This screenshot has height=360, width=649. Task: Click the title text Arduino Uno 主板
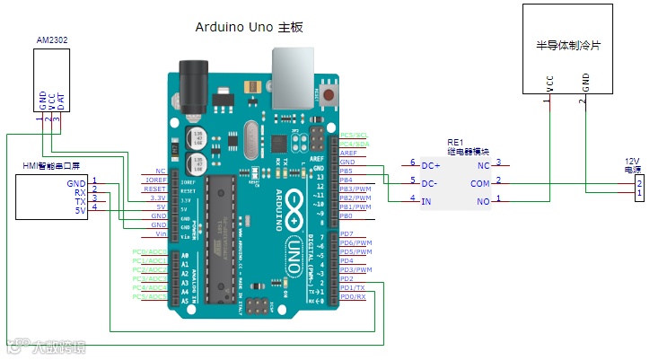coord(249,28)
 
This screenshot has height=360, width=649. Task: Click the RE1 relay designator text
coord(454,143)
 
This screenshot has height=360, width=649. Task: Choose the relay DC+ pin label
coord(431,164)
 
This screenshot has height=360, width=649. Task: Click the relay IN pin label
coord(426,200)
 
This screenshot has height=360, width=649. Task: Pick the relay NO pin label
coord(482,200)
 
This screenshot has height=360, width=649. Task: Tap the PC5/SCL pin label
coord(355,135)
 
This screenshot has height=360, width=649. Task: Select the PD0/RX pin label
coord(352,296)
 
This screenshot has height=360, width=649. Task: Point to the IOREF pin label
coord(154,180)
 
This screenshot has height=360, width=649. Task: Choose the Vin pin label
coord(160,233)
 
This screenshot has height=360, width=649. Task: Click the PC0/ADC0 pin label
coord(149,252)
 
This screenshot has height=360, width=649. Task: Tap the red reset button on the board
coord(330,93)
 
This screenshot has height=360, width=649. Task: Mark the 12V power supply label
coord(634,165)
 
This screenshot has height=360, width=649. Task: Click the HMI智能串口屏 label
coord(51,166)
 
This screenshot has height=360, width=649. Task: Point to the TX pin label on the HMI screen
coord(81,202)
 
